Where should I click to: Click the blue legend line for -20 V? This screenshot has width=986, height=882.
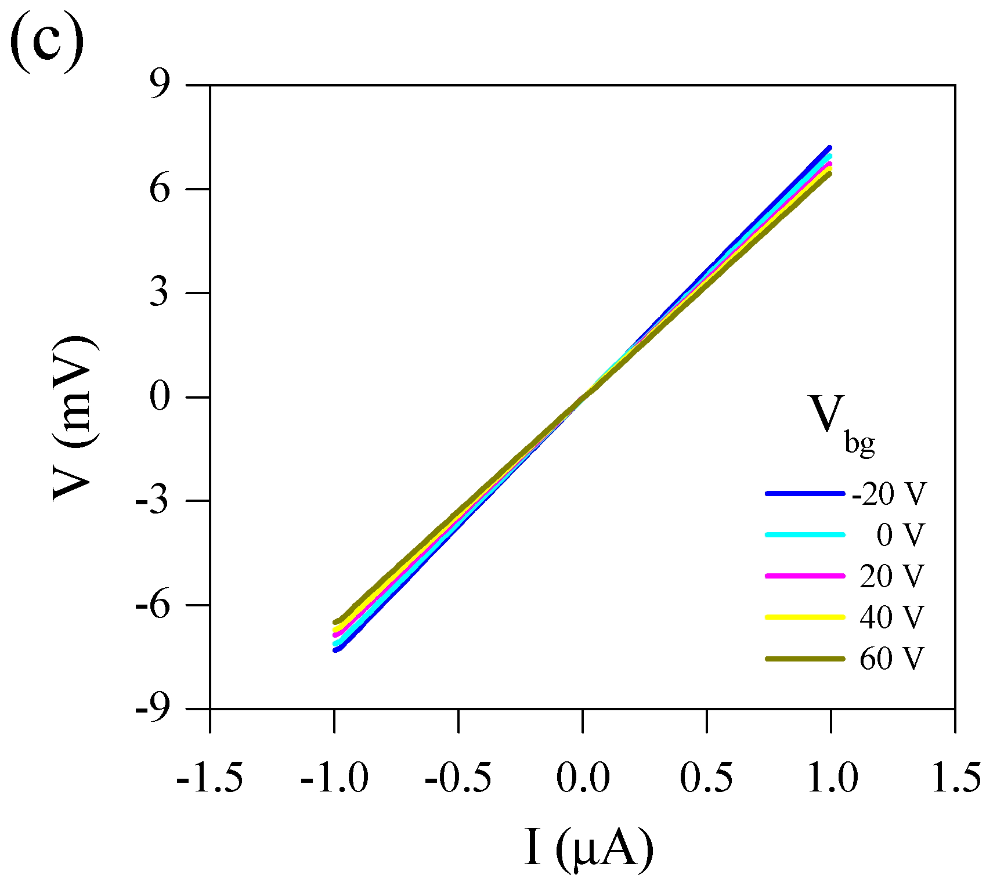pos(804,494)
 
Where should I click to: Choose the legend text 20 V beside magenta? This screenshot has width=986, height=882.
pos(890,576)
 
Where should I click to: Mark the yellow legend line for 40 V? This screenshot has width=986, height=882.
pos(804,617)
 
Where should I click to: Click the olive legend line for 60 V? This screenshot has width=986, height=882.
pos(804,659)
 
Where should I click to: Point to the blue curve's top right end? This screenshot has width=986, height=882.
pos(829,149)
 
